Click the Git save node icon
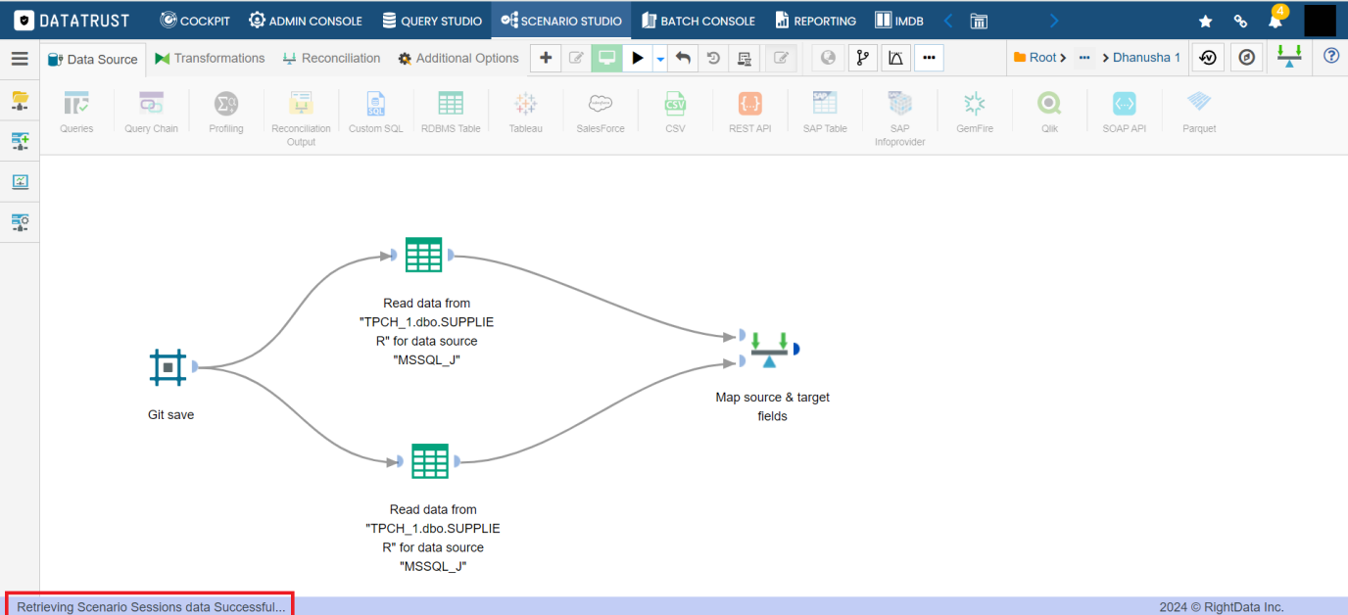tap(168, 367)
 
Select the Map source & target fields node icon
tap(769, 350)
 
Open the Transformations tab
tap(210, 59)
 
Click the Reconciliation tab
tap(331, 59)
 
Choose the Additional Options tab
tap(458, 59)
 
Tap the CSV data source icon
tap(675, 104)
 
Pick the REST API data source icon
tap(749, 104)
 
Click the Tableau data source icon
tap(525, 104)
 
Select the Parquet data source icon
tap(1199, 102)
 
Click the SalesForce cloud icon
tap(600, 104)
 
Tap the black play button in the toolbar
tap(638, 58)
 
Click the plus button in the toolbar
tap(546, 58)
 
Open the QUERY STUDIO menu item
tap(432, 22)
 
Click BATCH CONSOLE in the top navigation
tap(698, 22)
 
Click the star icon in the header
tap(1205, 22)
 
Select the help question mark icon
tap(1331, 57)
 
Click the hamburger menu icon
tap(20, 59)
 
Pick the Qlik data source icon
tap(1049, 104)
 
